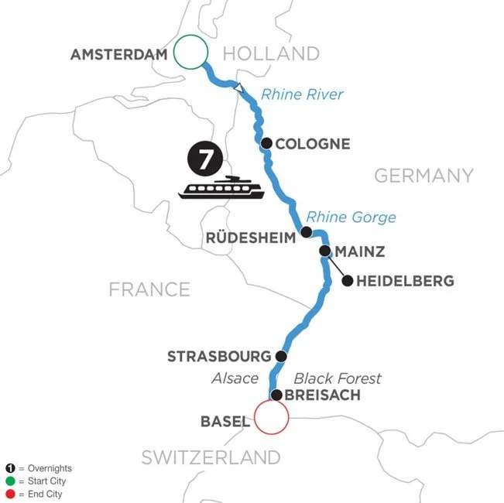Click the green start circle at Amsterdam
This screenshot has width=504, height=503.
coord(190,53)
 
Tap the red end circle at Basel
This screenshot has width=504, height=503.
coord(271,418)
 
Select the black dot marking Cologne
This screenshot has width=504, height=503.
coord(266,143)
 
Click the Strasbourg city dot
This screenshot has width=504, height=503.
coord(281,356)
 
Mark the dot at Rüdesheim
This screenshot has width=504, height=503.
coord(307,232)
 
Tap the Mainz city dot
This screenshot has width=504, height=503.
coord(325,251)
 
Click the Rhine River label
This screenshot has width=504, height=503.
coord(302,95)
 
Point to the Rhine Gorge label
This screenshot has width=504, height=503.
coord(351,217)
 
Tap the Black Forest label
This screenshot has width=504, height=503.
coord(338,378)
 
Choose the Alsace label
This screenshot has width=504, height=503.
coord(235,378)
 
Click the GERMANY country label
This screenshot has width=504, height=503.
coord(423,176)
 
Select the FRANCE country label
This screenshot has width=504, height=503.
coord(149,289)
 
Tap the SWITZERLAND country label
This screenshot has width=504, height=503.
coord(210,457)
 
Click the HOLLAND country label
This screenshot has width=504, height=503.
coord(271,53)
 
